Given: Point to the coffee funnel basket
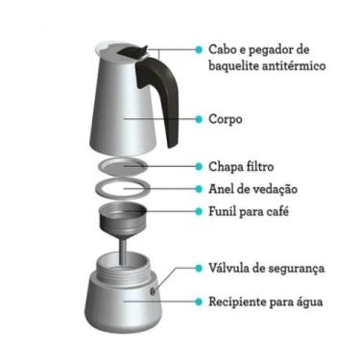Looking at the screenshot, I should [x=124, y=216].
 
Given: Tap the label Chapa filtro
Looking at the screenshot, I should [x=246, y=165].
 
